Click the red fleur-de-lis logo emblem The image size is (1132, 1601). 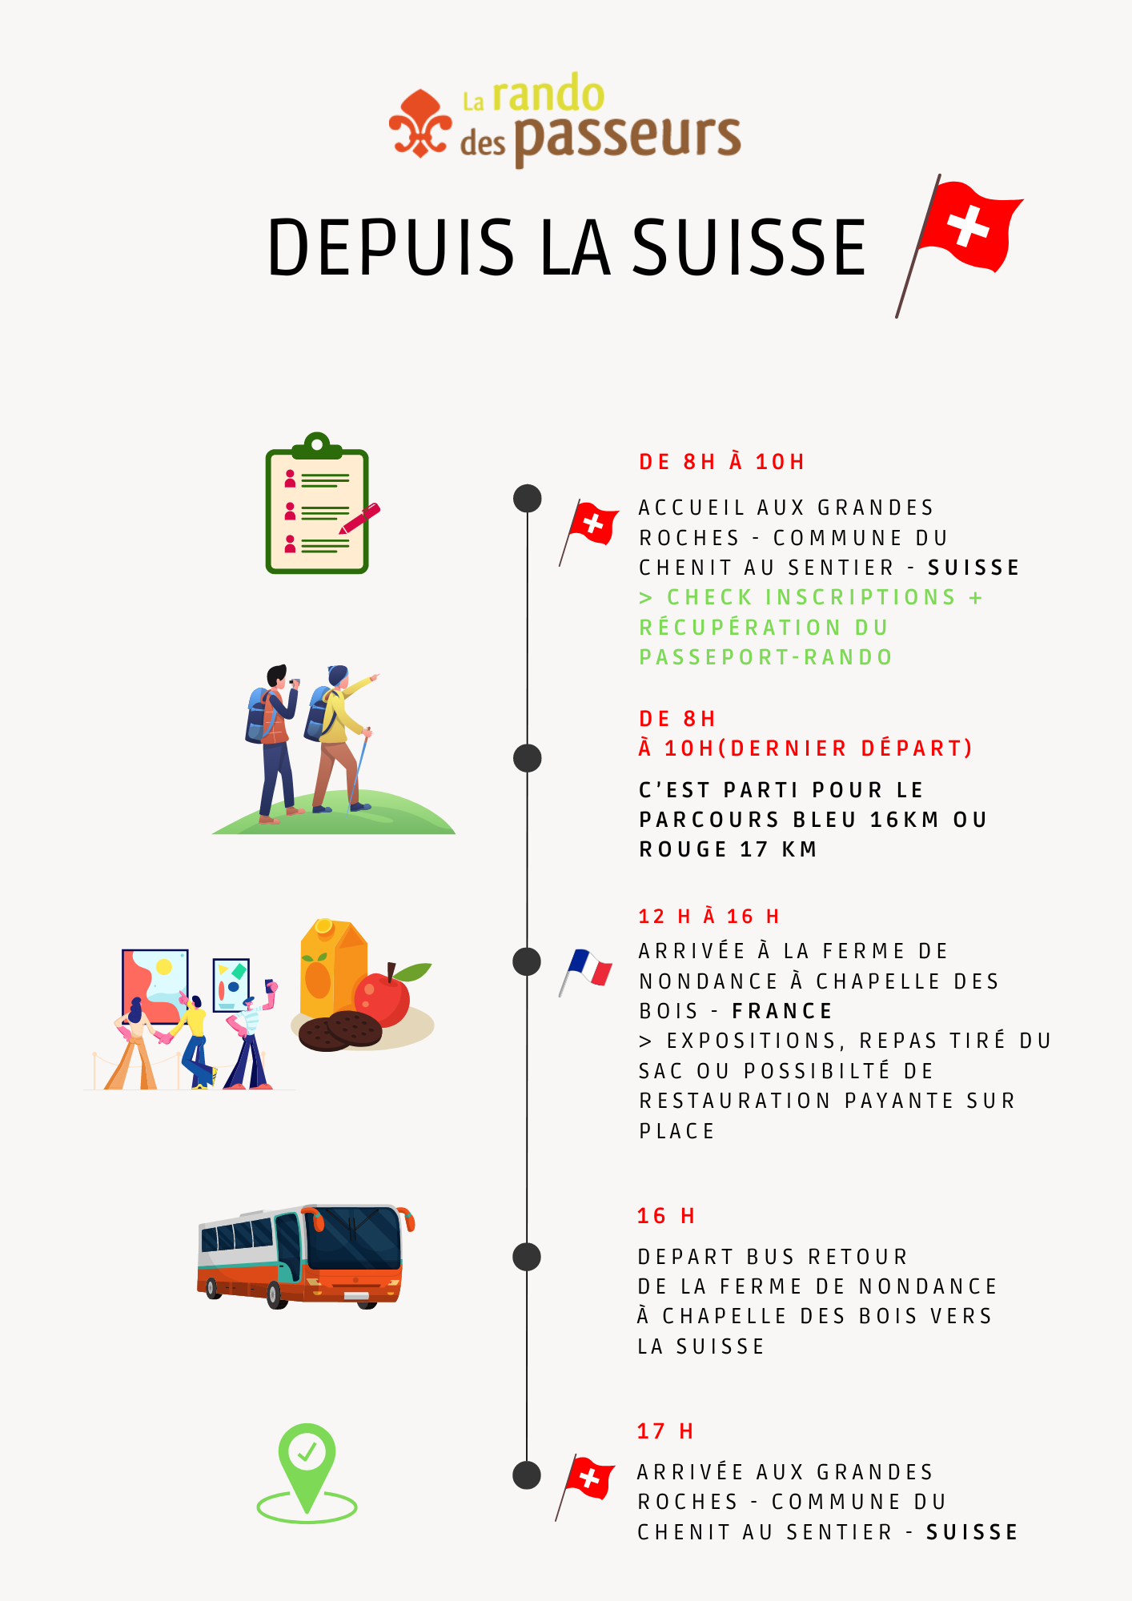click(420, 124)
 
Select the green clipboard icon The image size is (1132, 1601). click(317, 504)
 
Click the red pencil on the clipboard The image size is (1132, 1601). click(359, 519)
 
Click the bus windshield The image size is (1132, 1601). click(353, 1238)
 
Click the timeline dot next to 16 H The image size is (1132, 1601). click(527, 1257)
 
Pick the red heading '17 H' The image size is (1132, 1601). click(665, 1431)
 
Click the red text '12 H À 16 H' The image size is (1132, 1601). click(709, 917)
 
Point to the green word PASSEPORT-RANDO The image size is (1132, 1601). click(765, 657)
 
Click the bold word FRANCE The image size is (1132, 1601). click(782, 1011)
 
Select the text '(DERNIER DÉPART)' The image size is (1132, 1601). click(845, 748)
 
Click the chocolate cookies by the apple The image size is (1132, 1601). click(340, 1030)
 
